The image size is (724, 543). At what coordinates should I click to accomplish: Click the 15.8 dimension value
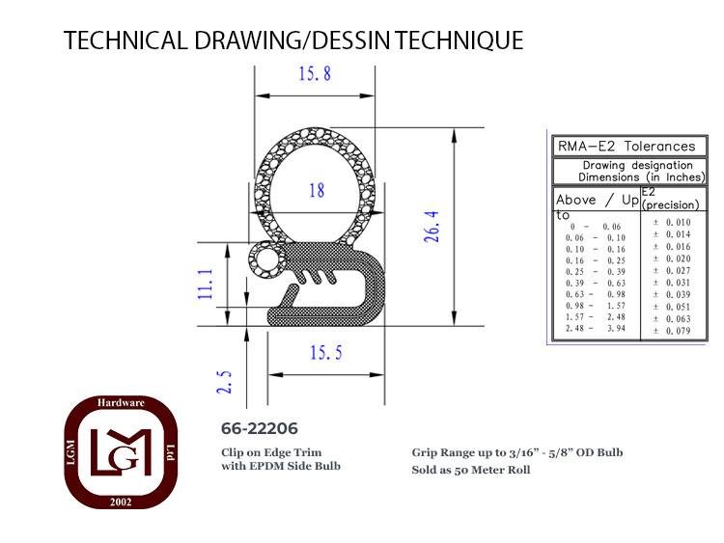(315, 74)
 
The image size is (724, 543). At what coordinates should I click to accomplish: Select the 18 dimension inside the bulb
(317, 190)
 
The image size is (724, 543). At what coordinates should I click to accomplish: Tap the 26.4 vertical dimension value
(432, 227)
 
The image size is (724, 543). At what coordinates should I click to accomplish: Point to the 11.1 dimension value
(206, 284)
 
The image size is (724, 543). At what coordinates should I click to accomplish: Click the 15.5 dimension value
(326, 353)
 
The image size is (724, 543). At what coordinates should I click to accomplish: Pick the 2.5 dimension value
(224, 382)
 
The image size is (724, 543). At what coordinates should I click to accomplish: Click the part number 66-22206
(260, 428)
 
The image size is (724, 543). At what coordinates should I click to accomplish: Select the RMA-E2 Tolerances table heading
(627, 147)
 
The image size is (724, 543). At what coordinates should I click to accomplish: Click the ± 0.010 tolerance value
(672, 223)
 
